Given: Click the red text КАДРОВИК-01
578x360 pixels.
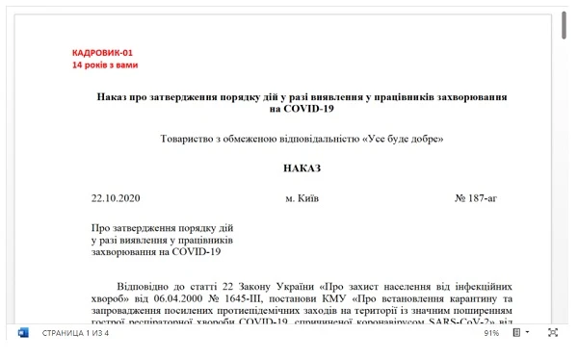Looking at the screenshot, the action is pos(101,53).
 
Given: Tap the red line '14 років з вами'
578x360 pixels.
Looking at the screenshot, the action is pos(104,65).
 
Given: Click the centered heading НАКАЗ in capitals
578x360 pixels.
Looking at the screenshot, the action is pos(302,168).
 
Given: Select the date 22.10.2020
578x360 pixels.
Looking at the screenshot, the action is pos(116,198).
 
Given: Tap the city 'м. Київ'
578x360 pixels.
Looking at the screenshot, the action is pos(302,198).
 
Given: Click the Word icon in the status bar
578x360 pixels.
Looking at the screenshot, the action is pos(23,332).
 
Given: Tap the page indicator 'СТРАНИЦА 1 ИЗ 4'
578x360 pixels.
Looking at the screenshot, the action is pos(75,333).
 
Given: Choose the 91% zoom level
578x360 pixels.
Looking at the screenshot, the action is pos(490,333).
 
